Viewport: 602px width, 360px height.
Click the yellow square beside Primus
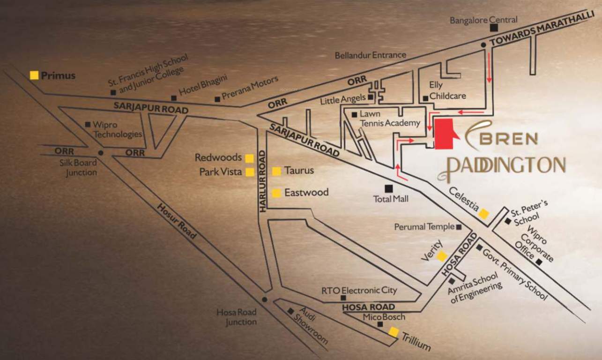(34, 75)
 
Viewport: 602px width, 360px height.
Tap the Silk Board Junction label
(78, 167)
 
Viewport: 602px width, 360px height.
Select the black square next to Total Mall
(388, 188)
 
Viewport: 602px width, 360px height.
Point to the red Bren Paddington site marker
(445, 134)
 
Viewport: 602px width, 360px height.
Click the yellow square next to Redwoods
(250, 158)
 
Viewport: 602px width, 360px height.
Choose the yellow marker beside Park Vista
(250, 172)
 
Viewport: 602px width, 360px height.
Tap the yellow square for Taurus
(276, 171)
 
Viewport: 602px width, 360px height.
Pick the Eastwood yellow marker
(276, 193)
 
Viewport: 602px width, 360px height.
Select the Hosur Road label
(176, 221)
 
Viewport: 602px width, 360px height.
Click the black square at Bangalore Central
(494, 28)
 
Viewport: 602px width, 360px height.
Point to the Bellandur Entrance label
(370, 55)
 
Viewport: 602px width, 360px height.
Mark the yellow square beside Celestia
(483, 214)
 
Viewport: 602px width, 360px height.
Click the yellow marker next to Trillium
(394, 332)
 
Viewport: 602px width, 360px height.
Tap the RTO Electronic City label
(359, 291)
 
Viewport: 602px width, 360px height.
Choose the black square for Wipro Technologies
(88, 125)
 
